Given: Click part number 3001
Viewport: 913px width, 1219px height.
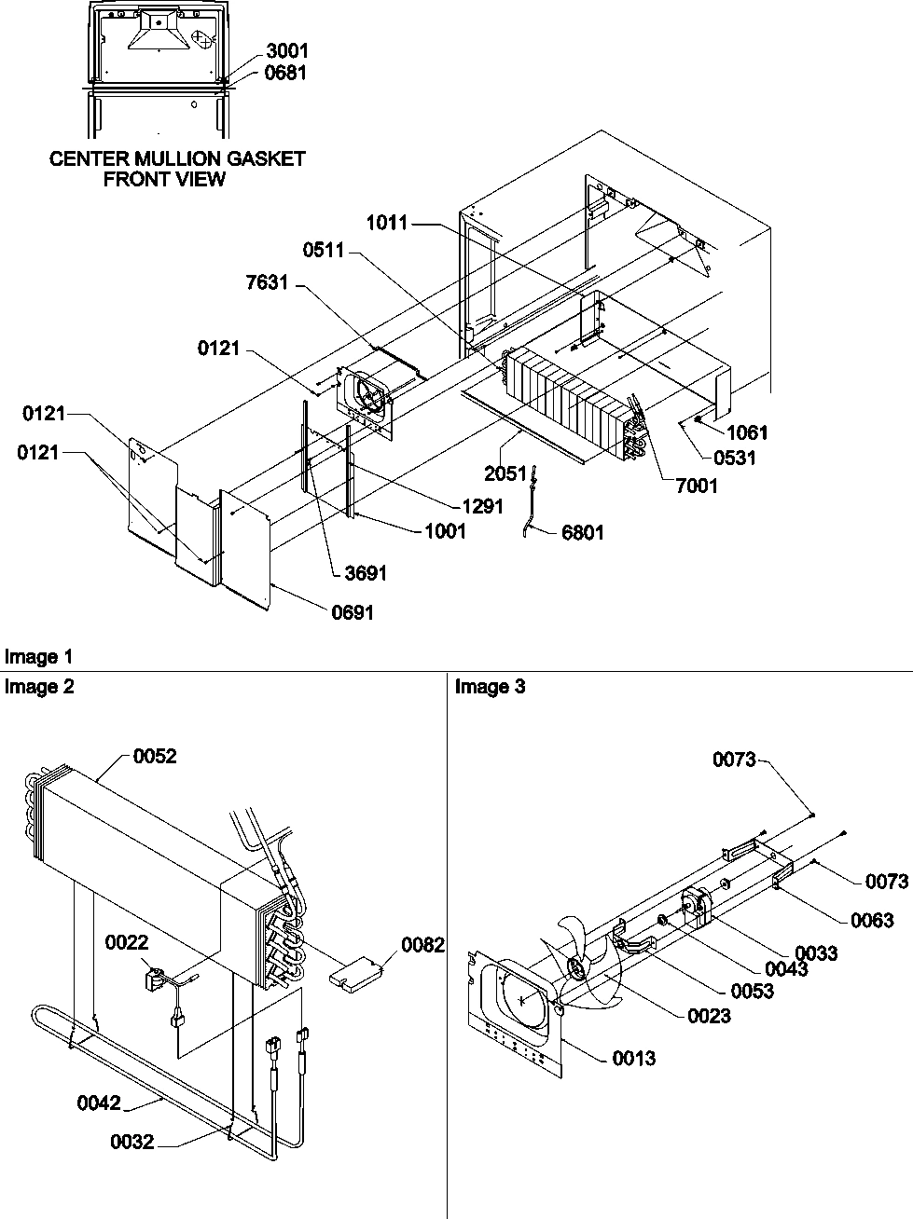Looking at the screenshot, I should [x=286, y=51].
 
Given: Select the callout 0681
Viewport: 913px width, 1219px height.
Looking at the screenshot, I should [x=286, y=73].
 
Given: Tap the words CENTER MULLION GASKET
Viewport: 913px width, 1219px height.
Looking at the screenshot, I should [x=177, y=158].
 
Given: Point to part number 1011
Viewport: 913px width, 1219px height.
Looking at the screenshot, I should [x=386, y=223].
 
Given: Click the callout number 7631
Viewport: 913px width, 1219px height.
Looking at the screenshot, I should [x=267, y=283].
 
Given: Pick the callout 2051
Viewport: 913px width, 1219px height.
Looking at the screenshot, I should [x=505, y=473].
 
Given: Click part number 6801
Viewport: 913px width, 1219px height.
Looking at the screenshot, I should [x=583, y=532].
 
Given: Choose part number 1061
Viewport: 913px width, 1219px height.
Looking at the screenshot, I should [x=748, y=432].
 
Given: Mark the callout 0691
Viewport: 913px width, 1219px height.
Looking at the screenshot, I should [x=353, y=612].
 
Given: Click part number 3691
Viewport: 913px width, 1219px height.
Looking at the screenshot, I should [x=366, y=573].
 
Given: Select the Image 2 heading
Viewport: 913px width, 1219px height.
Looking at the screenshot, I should [x=38, y=687].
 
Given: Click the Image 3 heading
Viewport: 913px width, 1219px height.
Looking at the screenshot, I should [x=490, y=687].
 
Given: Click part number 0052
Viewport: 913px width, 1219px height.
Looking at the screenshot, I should [x=155, y=757].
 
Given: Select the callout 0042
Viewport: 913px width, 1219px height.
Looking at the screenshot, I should [x=99, y=1103].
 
